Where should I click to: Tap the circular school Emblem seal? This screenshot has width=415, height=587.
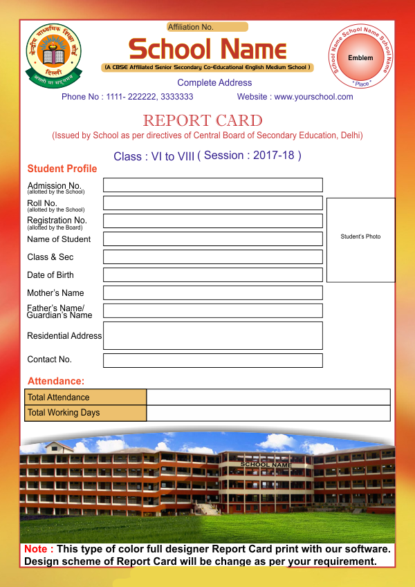360,57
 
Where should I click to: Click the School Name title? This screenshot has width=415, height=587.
207,49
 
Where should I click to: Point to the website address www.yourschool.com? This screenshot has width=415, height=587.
313,97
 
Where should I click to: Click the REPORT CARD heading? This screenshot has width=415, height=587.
203,120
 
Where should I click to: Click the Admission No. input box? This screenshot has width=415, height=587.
213,185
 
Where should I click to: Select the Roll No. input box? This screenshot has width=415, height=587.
213,203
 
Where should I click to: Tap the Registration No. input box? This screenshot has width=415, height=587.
213,221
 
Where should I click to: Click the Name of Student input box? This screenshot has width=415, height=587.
213,239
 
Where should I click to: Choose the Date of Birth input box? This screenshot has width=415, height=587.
213,275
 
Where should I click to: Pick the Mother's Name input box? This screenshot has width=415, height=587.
213,293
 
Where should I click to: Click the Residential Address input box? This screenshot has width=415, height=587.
213,335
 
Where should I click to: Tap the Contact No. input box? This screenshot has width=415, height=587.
213,360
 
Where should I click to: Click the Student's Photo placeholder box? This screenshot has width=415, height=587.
360,240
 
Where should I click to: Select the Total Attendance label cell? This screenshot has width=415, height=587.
86,398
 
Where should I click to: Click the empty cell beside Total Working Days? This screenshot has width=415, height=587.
268,413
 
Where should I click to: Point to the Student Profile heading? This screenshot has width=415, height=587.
62,169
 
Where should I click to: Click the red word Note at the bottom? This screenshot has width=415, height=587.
38,549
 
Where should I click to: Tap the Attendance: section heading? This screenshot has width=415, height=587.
56,381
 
